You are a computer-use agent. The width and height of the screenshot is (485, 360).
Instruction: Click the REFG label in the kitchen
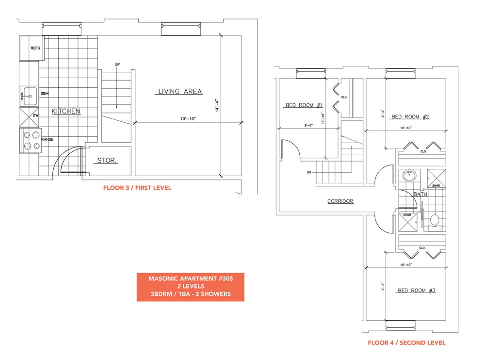click(35, 48)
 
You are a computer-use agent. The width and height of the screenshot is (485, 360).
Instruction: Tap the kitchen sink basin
click(30, 96)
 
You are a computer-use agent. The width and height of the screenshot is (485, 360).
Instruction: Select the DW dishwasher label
click(35, 115)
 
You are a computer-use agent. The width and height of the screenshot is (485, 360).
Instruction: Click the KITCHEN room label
click(66, 111)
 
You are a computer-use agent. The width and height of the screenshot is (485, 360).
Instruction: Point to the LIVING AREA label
click(180, 91)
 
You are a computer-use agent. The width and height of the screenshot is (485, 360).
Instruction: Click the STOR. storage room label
click(107, 160)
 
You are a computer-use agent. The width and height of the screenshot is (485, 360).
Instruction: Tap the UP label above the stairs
click(117, 65)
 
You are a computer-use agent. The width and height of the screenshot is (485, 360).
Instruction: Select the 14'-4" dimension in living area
click(217, 106)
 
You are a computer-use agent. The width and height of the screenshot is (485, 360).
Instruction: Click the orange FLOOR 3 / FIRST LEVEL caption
click(137, 188)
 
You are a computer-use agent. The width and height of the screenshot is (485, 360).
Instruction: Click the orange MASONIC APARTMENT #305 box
click(191, 287)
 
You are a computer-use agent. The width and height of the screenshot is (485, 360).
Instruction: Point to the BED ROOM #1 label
click(304, 105)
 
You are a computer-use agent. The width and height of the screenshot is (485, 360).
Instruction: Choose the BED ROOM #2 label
click(410, 117)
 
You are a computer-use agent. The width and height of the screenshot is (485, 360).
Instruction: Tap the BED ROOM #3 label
click(416, 290)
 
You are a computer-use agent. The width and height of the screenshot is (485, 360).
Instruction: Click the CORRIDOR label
click(340, 201)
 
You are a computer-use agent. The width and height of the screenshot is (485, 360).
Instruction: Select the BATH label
click(420, 194)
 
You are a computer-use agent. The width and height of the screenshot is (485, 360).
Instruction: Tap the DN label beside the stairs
click(309, 172)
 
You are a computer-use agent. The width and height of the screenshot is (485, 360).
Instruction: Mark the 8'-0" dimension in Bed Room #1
click(308, 125)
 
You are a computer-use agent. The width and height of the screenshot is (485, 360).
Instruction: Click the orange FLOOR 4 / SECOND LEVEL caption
click(407, 343)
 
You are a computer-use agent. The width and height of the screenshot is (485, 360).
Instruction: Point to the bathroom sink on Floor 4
click(410, 176)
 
